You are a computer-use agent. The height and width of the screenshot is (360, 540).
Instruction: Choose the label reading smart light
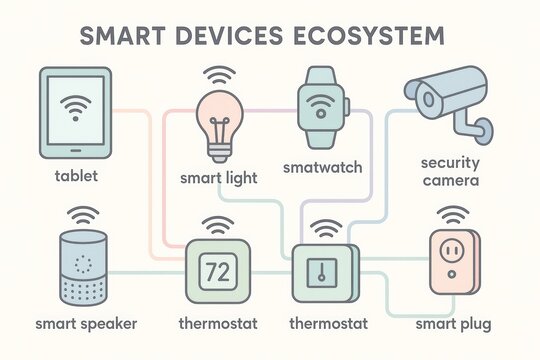pos(219,178)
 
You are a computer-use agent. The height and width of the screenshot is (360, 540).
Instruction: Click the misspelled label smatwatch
pos(321,167)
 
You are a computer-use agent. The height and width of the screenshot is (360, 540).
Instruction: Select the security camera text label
pos(451,172)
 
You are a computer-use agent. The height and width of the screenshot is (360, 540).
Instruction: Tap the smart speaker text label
pos(86,324)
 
